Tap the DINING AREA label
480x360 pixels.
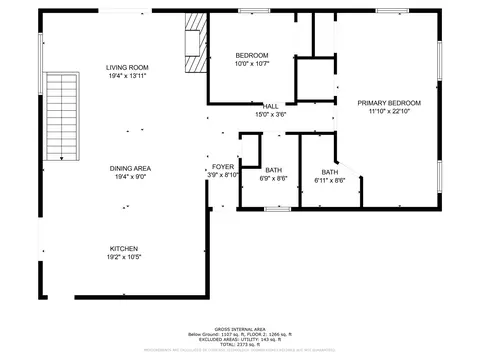130,168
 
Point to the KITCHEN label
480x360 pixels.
124,248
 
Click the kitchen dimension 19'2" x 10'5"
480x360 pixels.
124,258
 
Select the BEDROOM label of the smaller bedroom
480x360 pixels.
252,54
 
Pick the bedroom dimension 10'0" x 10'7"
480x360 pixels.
252,63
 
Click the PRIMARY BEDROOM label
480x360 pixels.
389,103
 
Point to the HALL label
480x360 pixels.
271,105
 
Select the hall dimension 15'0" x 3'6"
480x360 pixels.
271,114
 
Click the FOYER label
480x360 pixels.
223,166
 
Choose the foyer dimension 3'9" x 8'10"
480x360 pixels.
223,175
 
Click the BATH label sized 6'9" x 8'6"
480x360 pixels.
273,170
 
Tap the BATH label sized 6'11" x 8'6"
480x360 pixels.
329,171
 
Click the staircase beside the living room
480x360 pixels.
63,116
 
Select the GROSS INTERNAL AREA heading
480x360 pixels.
240,328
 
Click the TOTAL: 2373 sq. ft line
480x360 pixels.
240,344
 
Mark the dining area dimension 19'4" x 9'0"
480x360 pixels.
130,177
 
